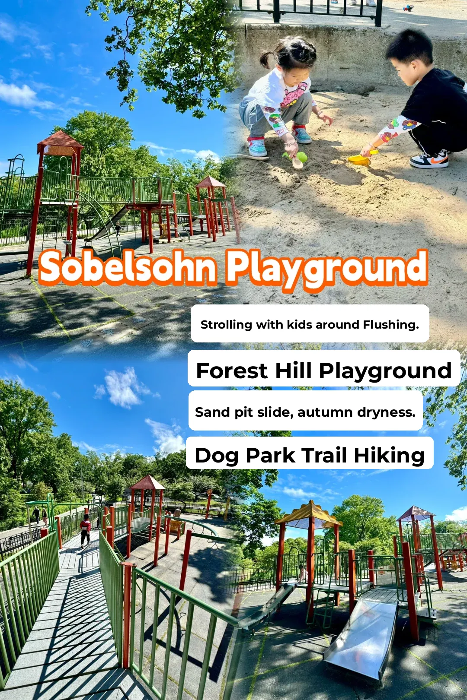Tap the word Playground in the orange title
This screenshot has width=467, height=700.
[327, 269]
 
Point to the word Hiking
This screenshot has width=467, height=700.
[389, 455]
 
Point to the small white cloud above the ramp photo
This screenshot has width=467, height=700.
[123, 387]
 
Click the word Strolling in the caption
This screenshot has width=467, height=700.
[226, 324]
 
